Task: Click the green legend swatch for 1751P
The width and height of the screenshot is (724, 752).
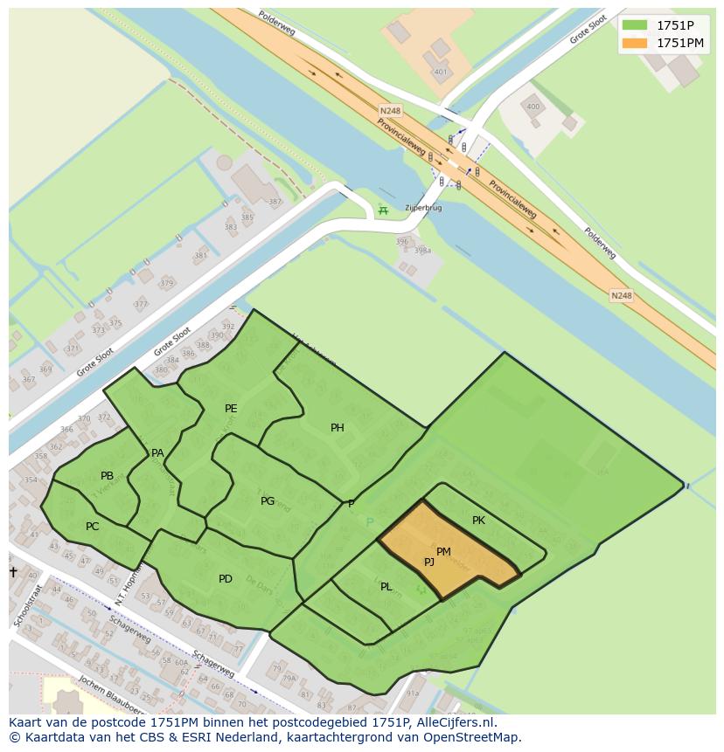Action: [635, 24]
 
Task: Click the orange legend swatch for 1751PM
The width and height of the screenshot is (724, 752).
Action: [635, 43]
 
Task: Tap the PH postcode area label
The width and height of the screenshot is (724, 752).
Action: [337, 428]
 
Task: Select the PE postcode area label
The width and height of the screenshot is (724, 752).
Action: [231, 408]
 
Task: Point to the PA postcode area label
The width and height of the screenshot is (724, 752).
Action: [157, 452]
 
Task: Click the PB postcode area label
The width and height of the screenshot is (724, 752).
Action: [107, 476]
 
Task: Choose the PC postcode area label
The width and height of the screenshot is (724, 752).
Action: [92, 527]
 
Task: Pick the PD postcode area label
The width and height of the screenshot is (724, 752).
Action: [226, 578]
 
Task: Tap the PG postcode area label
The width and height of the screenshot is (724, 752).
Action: [268, 500]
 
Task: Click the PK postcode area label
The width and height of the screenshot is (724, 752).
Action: [478, 521]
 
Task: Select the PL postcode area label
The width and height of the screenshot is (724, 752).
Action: [386, 587]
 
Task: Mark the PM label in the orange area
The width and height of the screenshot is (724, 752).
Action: [443, 551]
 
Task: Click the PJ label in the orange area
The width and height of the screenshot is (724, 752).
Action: [429, 562]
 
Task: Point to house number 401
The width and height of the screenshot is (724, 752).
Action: [440, 72]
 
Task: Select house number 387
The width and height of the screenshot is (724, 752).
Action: [275, 202]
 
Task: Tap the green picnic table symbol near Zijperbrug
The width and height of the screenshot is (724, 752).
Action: [381, 210]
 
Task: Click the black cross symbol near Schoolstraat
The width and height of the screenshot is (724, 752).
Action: [13, 571]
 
